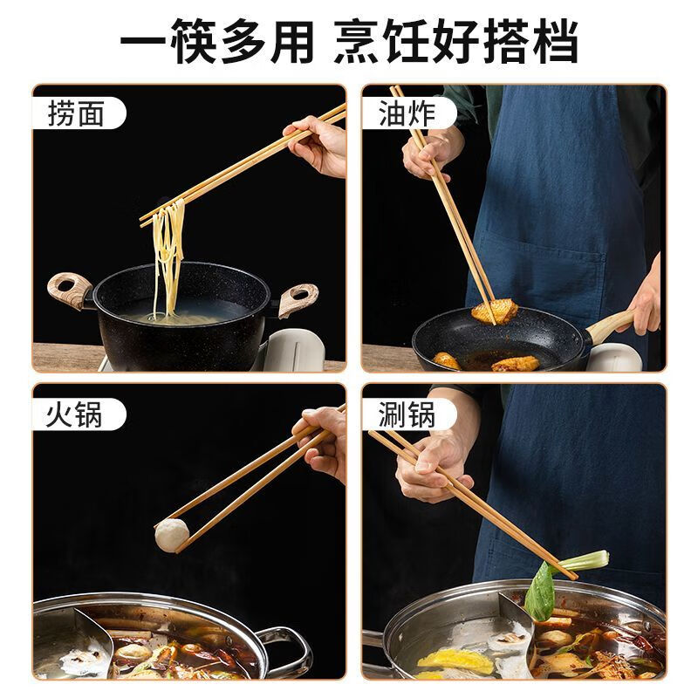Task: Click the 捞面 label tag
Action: point(77,114)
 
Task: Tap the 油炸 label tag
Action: point(407,114)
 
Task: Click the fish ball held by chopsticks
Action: point(172,534)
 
